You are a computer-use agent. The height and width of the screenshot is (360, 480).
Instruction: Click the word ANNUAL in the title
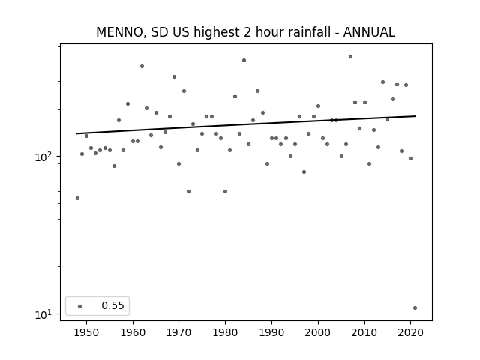tap(369, 32)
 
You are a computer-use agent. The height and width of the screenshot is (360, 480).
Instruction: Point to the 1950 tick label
tap(86, 332)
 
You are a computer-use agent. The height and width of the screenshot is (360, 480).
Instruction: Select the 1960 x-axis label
tap(133, 332)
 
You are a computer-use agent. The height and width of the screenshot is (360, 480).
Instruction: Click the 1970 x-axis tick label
tap(178, 332)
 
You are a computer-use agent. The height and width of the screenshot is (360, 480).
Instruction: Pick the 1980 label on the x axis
tap(225, 332)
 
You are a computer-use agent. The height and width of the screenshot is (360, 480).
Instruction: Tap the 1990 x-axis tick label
tap(271, 332)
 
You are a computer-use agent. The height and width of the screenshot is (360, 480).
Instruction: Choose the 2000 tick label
tap(318, 332)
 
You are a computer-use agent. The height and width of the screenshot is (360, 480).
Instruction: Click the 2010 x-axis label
tap(364, 332)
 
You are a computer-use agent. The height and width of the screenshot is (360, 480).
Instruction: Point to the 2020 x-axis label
tap(410, 332)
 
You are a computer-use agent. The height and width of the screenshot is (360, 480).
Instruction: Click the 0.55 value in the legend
tap(112, 305)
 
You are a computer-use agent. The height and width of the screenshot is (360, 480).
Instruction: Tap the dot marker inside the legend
tap(79, 306)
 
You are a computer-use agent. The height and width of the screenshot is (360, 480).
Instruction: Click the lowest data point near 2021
tap(415, 308)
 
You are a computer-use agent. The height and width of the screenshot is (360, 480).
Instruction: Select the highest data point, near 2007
tap(350, 57)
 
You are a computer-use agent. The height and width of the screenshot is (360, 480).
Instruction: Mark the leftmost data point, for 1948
tap(77, 198)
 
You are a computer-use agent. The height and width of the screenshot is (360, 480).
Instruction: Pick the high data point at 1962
tap(142, 65)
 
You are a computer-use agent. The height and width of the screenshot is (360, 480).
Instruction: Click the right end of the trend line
tap(415, 116)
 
